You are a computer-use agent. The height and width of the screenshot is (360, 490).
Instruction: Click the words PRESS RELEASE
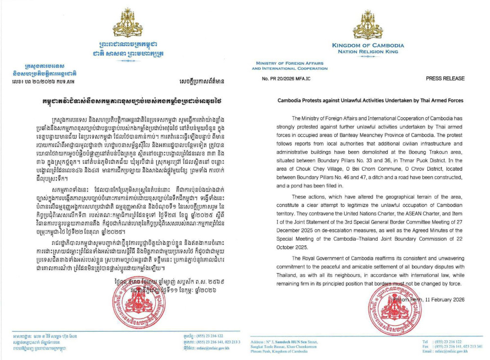coord(445,78)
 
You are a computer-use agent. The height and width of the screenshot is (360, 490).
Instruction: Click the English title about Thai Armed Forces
coord(364,100)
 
